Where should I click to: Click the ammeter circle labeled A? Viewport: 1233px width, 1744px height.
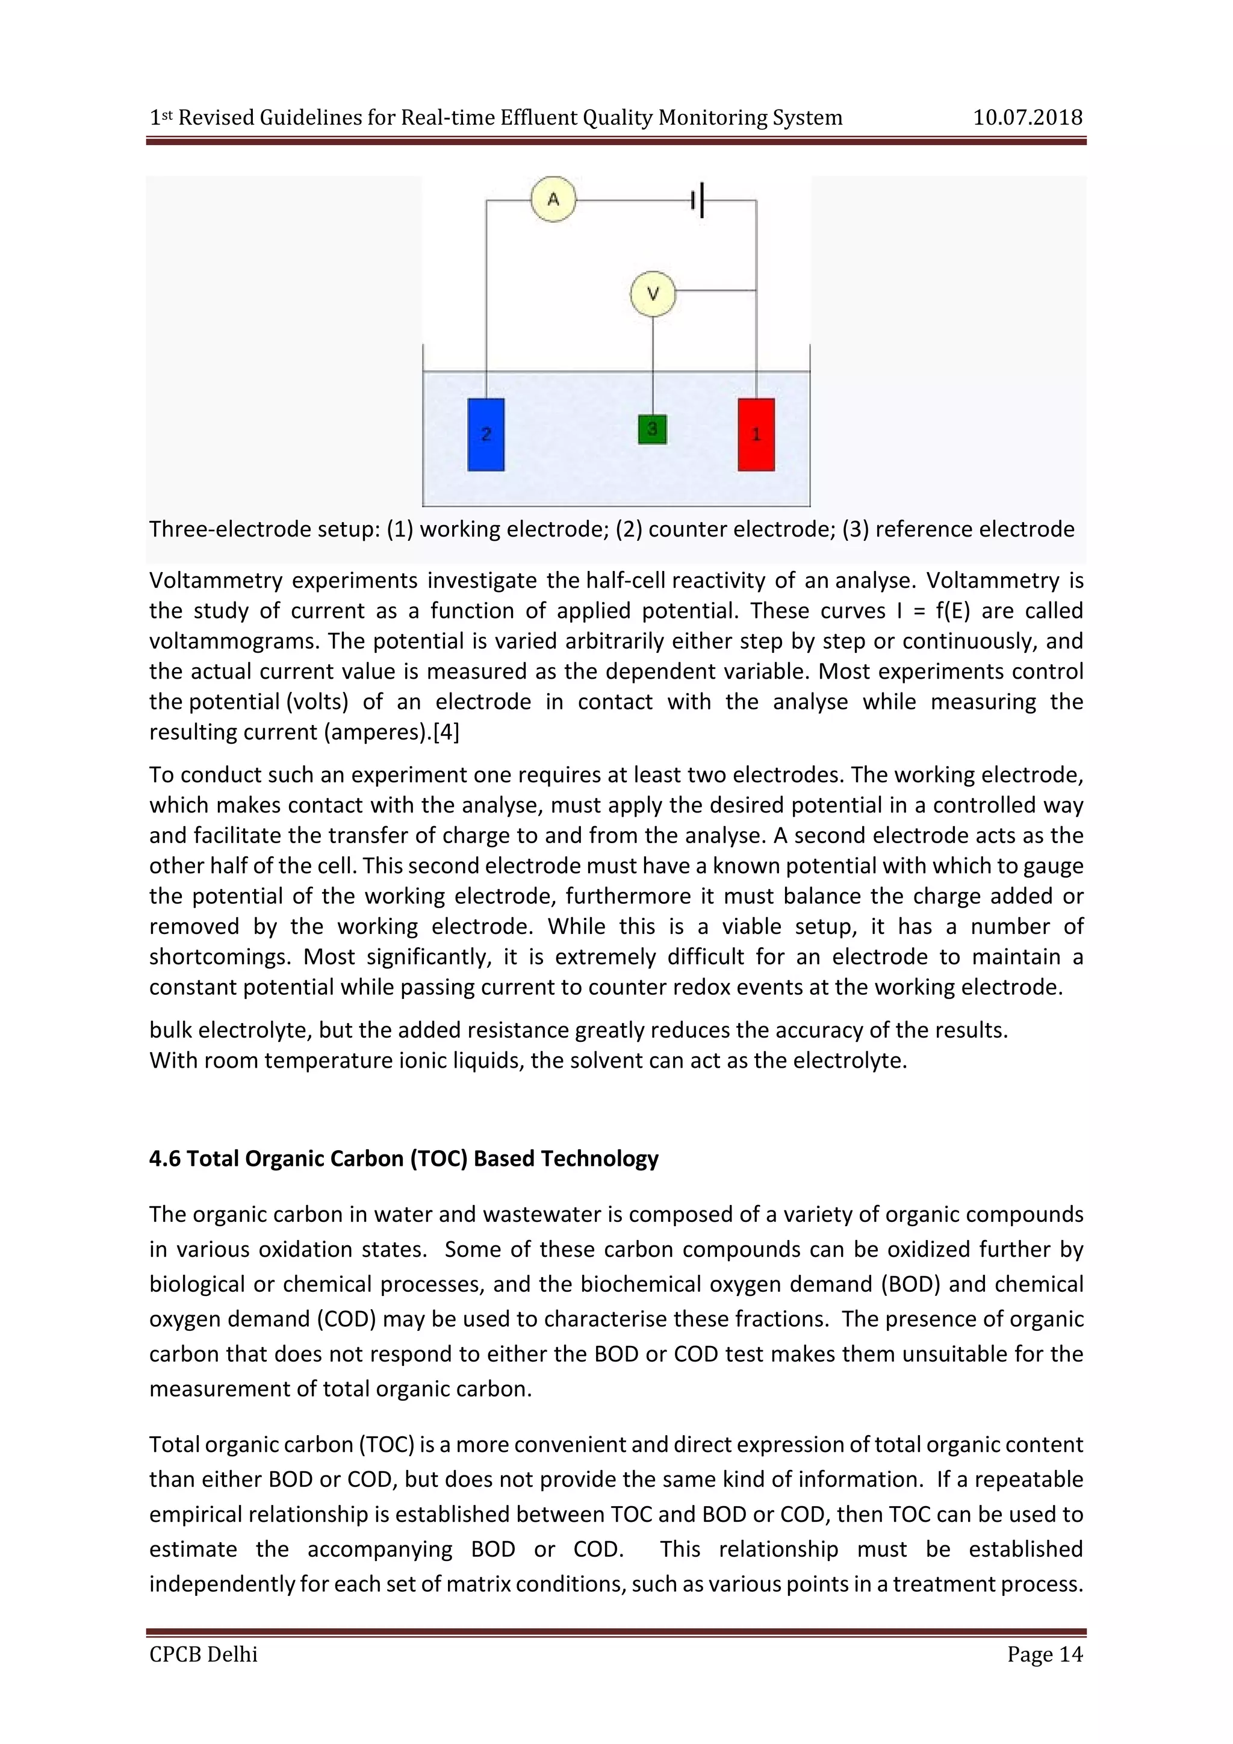click(553, 200)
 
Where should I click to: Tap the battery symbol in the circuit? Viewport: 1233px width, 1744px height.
click(698, 200)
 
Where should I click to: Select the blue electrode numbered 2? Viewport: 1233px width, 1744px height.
click(486, 434)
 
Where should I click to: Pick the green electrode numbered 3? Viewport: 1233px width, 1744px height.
click(652, 429)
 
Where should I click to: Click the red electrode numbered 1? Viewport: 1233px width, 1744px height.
click(756, 434)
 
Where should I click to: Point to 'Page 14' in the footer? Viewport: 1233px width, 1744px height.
click(1044, 1654)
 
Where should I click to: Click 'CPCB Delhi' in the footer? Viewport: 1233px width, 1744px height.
click(203, 1654)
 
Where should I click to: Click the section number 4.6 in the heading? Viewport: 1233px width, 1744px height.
click(165, 1159)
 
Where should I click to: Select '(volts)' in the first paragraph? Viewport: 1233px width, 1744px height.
click(317, 702)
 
